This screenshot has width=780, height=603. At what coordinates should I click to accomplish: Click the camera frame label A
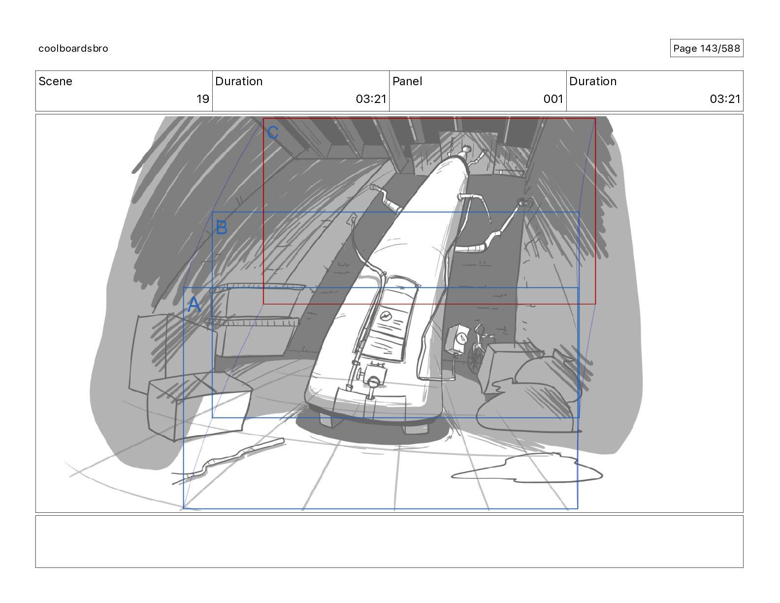point(194,304)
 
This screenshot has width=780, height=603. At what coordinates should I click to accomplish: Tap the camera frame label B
point(222,227)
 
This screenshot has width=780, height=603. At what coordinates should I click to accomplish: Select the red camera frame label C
point(273,133)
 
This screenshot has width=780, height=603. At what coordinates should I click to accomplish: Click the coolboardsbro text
point(73,48)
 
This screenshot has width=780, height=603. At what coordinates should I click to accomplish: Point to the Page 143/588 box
point(707,48)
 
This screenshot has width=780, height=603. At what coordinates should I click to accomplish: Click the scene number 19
point(203,99)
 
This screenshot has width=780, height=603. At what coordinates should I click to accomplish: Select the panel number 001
point(553,99)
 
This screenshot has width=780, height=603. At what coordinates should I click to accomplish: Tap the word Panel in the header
point(407,81)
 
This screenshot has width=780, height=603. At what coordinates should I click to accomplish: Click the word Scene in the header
point(55,81)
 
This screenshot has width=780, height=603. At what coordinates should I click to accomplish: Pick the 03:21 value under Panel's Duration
point(725,99)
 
